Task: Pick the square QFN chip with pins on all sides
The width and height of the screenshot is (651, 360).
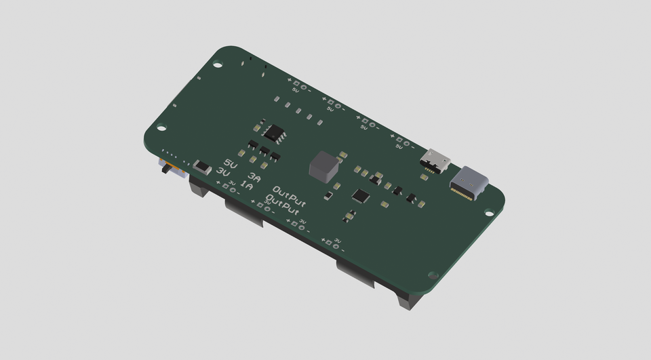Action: click(x=361, y=196)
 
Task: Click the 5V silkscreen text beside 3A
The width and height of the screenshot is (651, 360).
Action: click(x=231, y=164)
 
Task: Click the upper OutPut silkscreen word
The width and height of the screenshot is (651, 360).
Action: click(x=290, y=194)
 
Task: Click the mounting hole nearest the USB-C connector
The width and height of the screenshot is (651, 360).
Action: click(x=489, y=213)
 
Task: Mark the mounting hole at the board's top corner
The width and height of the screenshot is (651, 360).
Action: click(x=218, y=65)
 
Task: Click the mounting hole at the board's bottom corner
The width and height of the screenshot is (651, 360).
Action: click(x=433, y=275)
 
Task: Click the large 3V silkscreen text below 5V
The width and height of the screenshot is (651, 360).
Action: click(x=222, y=172)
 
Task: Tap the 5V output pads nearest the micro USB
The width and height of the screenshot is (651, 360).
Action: click(x=403, y=142)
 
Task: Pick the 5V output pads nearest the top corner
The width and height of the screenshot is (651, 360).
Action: click(x=299, y=87)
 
